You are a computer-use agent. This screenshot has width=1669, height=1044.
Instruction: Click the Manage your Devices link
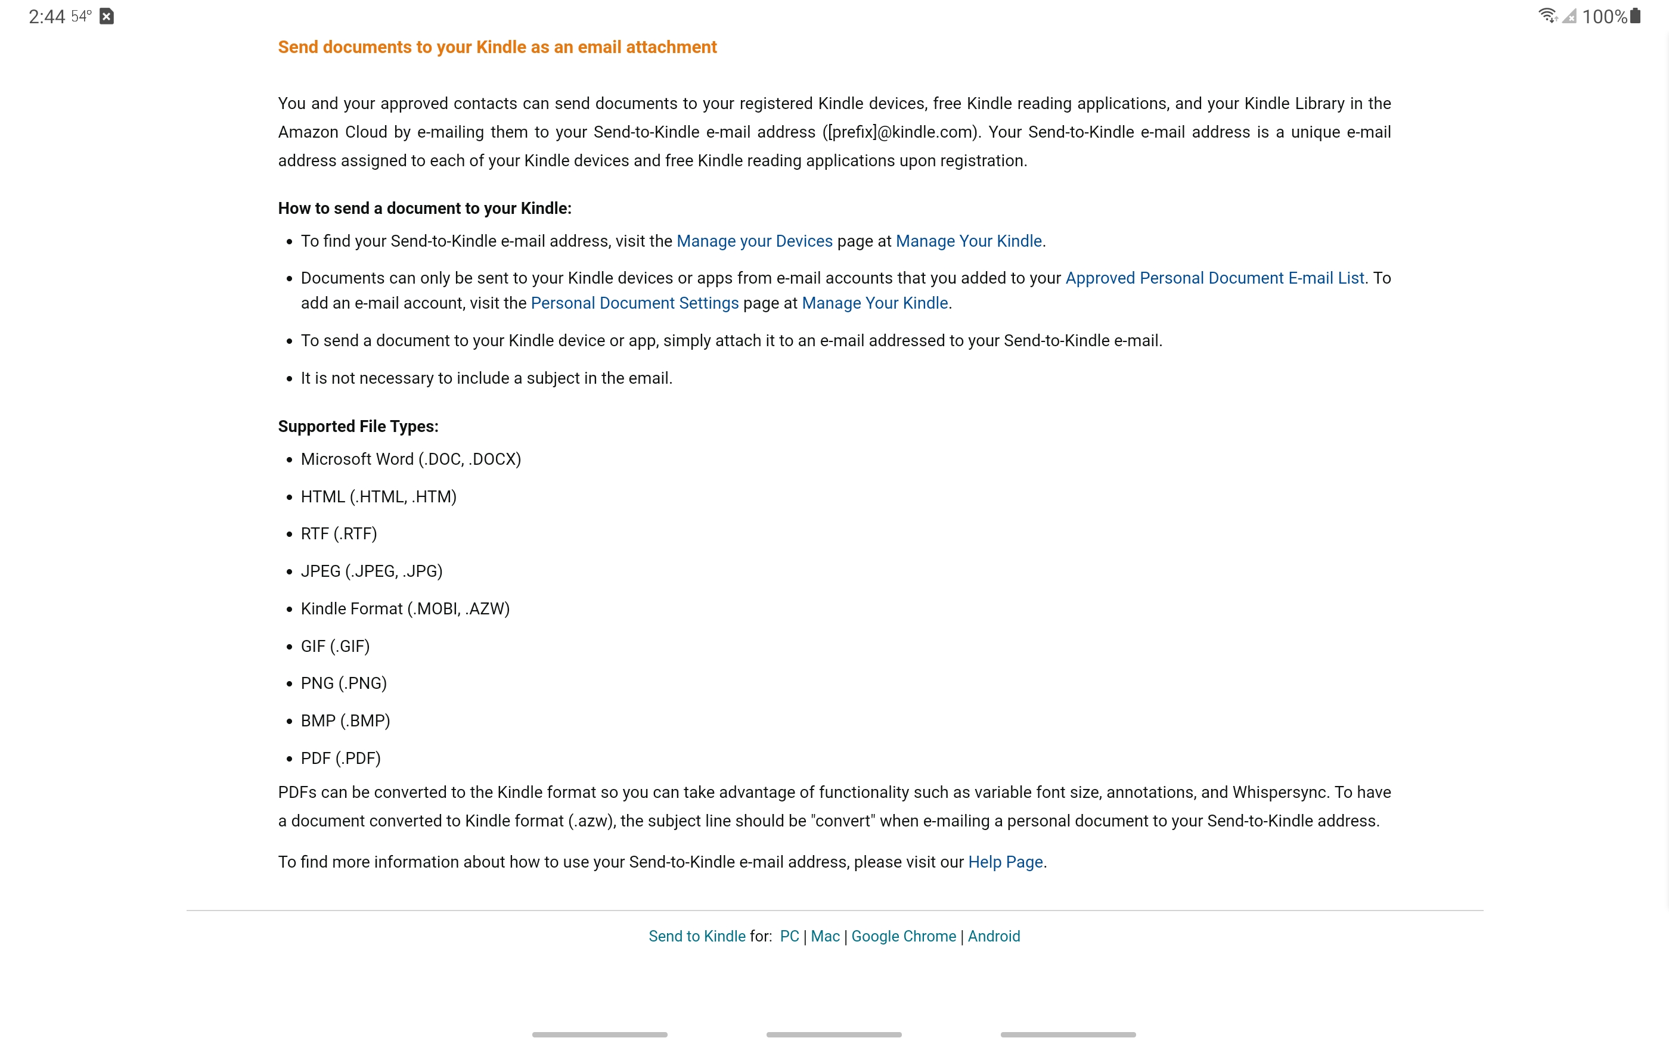754,241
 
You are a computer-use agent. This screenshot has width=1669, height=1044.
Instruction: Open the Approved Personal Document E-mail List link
1214,278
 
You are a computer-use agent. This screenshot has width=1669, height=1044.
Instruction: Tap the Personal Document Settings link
634,303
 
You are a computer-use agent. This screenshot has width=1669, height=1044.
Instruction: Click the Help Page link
1005,862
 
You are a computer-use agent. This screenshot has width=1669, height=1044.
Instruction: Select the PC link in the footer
789,936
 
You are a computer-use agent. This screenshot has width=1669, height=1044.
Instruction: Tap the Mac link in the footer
824,936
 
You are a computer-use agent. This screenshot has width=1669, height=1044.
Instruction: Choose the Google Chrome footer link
903,936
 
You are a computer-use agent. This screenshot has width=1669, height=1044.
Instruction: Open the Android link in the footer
993,936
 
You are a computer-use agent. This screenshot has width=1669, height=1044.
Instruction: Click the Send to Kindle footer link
696,936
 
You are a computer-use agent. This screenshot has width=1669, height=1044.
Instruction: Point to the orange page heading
497,47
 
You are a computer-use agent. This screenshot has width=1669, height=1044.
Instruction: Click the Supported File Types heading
358,427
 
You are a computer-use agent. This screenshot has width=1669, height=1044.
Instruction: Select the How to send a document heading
424,209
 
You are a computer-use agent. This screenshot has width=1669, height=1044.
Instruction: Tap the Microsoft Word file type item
410,459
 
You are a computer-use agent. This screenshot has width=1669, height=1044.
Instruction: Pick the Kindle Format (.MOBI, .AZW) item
405,609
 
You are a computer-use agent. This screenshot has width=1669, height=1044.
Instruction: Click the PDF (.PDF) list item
340,758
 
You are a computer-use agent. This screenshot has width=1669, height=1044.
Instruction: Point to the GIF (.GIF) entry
335,647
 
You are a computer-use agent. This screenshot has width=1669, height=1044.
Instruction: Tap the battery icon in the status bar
1634,16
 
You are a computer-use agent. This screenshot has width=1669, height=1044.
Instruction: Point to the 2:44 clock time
46,17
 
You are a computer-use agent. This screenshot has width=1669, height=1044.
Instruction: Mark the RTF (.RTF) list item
339,534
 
